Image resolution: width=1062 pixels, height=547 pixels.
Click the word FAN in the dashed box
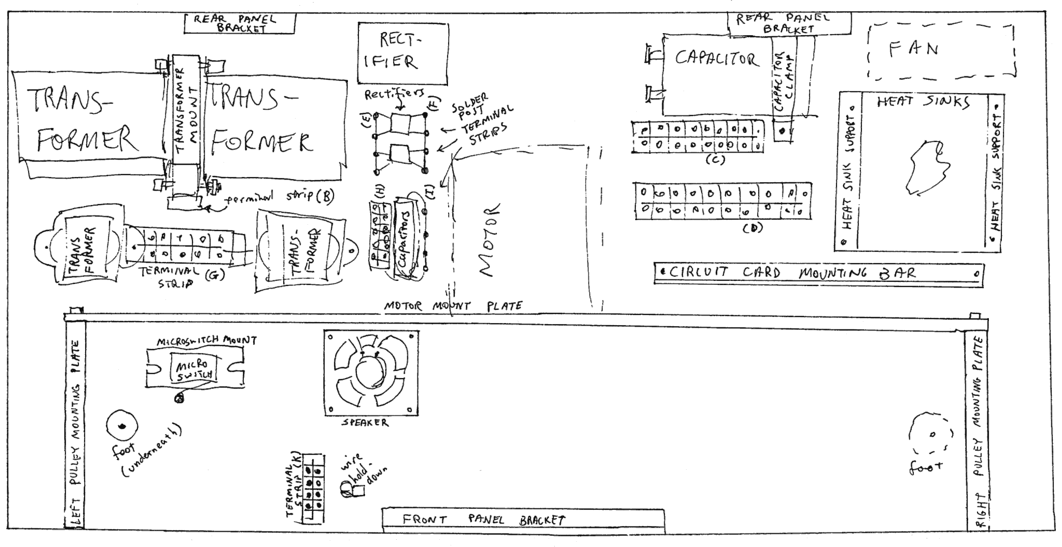[x=914, y=50]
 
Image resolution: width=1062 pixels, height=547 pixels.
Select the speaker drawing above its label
[x=371, y=373]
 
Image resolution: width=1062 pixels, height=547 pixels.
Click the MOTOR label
[x=488, y=239]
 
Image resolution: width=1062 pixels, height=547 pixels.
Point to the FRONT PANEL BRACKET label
[x=483, y=520]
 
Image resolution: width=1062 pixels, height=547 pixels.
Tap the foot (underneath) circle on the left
[x=122, y=426]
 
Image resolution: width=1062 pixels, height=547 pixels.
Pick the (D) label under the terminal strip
[x=752, y=227]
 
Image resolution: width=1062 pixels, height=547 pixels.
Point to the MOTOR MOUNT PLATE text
[x=452, y=306]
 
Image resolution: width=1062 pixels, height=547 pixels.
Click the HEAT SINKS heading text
[x=923, y=103]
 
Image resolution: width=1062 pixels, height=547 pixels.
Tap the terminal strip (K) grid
[x=314, y=487]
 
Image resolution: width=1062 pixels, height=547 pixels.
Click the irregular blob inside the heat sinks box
[x=927, y=167]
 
